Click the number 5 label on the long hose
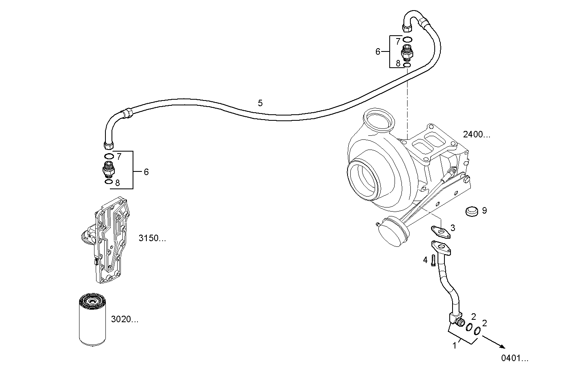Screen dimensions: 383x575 260,103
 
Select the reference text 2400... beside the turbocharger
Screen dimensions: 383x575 476,135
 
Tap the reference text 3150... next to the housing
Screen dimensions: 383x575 152,238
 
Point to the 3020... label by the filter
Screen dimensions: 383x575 124,319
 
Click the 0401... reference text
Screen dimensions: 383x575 515,358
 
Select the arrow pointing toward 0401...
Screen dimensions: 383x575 494,340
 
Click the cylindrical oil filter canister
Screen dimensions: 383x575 92,320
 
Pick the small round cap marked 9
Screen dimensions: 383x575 471,211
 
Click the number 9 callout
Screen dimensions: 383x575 484,210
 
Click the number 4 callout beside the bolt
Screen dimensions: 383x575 425,260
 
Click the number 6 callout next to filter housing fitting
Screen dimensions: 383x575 146,172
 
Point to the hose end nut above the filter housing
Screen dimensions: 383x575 109,145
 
